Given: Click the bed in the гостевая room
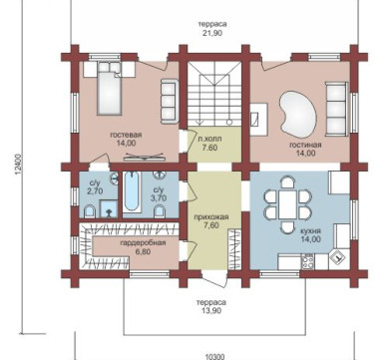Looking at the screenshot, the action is [110, 90].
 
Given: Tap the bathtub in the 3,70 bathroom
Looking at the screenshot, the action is [132, 191].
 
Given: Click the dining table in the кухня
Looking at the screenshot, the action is [288, 204].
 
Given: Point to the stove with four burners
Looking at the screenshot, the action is [307, 261].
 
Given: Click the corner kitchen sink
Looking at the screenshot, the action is [338, 256].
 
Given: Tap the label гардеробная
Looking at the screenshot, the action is [143, 243].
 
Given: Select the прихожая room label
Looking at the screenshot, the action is [211, 217].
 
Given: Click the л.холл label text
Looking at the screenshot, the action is [209, 139].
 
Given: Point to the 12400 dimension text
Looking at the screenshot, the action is [18, 168].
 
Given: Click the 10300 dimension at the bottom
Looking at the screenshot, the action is [214, 357].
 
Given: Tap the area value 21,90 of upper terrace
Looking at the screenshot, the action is [212, 33].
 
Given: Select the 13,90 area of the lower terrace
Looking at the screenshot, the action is [210, 311].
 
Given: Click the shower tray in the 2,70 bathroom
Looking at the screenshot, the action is [109, 208].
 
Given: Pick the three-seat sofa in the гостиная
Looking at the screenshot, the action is [336, 109].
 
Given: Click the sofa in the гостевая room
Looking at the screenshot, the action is [169, 102].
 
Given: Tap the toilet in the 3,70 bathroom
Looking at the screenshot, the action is [160, 211].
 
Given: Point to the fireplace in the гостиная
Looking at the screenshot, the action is [259, 120].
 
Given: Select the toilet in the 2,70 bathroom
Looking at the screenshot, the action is [90, 211].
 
